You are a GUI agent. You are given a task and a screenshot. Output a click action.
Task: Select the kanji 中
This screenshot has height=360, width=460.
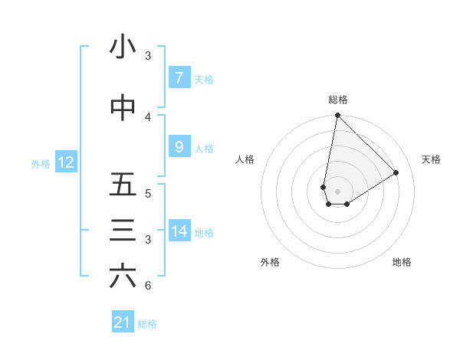tap(123, 109)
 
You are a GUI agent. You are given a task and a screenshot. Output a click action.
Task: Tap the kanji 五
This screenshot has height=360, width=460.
tap(123, 185)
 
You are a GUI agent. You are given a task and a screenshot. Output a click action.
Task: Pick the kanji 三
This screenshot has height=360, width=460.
tap(123, 231)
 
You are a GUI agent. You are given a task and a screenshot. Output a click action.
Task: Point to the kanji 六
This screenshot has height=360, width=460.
tap(123, 277)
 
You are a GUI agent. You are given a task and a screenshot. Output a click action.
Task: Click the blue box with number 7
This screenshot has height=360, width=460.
tap(179, 78)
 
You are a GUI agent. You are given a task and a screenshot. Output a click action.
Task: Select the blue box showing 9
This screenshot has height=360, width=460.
tap(179, 147)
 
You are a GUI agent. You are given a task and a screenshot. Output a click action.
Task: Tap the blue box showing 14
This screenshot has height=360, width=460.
tap(179, 231)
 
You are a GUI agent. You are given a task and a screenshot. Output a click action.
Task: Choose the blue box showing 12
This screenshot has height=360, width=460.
tap(65, 162)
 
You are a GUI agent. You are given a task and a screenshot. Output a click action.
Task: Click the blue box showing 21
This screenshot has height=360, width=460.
tap(123, 322)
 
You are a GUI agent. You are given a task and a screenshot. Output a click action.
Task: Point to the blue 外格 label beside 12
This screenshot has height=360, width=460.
tap(41, 163)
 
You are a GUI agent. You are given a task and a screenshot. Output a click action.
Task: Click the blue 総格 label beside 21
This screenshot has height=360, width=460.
tap(147, 324)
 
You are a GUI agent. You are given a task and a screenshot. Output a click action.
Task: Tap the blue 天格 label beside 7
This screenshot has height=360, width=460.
tap(204, 79)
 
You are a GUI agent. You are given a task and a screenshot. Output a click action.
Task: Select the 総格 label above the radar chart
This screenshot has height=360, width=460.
tap(338, 100)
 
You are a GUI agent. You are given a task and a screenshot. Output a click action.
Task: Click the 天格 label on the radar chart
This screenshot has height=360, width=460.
tap(431, 159)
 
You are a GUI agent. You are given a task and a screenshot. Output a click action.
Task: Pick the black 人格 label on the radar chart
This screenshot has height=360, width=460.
tap(245, 159)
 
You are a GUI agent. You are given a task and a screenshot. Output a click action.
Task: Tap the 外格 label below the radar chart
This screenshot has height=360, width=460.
tap(269, 262)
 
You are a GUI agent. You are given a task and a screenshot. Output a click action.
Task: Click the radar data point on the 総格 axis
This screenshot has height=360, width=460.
tap(337, 116)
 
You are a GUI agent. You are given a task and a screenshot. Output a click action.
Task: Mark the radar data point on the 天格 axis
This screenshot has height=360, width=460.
tap(396, 173)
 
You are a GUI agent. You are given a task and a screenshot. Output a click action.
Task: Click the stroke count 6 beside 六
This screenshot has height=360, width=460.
tap(147, 286)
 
